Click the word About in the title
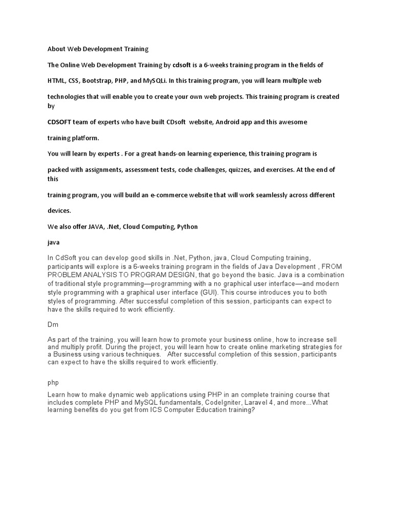click(x=56, y=49)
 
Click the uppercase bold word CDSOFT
click(x=60, y=122)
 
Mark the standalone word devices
click(x=59, y=211)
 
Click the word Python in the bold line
click(x=187, y=226)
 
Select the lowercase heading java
click(x=54, y=242)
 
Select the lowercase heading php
click(x=53, y=382)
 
